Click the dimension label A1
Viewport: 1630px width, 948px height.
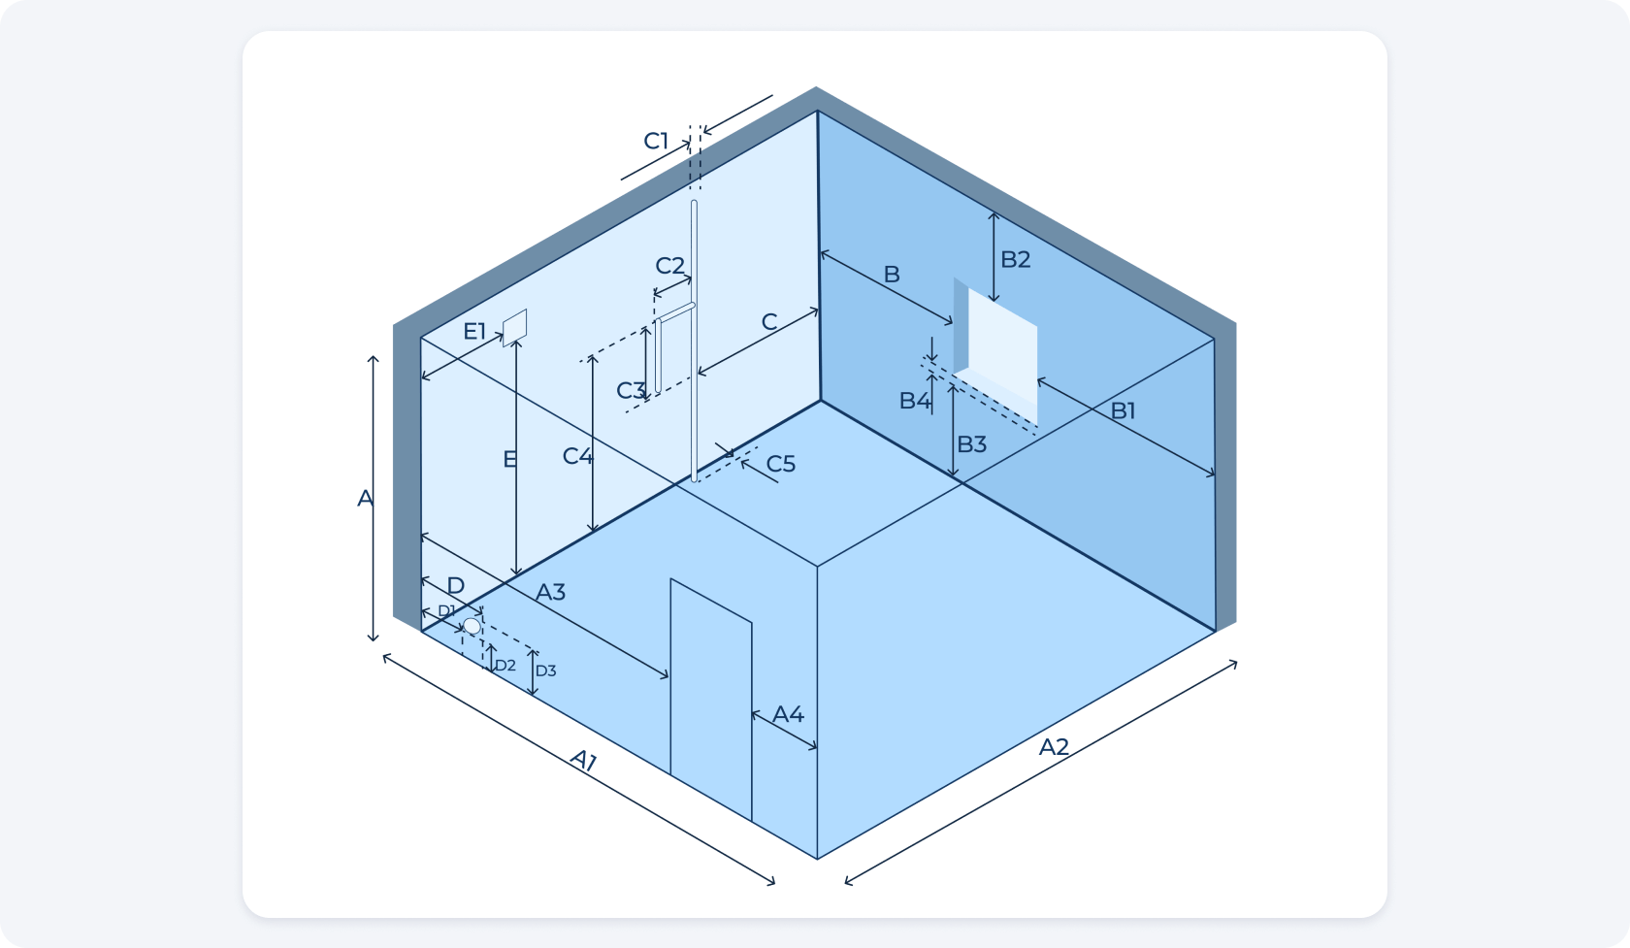click(584, 760)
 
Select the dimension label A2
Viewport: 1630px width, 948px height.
click(1053, 746)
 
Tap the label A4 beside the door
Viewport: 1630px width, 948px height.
click(788, 714)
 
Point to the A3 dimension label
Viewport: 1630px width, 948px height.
click(550, 592)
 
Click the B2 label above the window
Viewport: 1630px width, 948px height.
click(1015, 259)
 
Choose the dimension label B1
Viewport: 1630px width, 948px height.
click(1123, 411)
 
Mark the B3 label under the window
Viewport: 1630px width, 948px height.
click(971, 443)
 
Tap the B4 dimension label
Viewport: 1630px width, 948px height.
click(915, 400)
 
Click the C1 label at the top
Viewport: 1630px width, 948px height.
click(656, 141)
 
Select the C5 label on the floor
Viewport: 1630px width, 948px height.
click(781, 464)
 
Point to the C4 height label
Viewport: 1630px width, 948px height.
click(578, 456)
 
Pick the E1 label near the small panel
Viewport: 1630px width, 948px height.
click(474, 332)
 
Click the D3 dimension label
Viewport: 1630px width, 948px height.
click(545, 670)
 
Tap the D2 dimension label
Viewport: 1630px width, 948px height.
click(505, 665)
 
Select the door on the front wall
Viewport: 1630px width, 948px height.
click(711, 700)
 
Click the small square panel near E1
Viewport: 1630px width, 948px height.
click(514, 328)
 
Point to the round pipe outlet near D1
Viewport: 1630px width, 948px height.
click(473, 627)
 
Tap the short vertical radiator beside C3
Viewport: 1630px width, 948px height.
click(658, 356)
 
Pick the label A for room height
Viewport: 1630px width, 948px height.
click(365, 499)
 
